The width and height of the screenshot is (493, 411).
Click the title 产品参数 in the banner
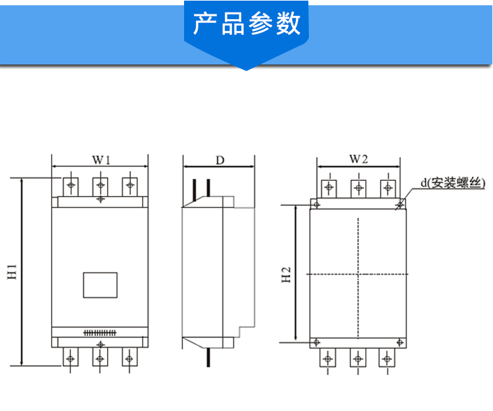tap(246, 24)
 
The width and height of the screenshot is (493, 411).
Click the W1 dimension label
tap(100, 159)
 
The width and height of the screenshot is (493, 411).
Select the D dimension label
tap(220, 159)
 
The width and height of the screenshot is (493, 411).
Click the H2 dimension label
tap(287, 274)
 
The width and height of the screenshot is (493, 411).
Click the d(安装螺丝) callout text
tap(453, 184)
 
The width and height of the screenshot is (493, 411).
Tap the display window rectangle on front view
tap(100, 285)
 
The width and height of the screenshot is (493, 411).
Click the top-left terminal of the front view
tap(70, 183)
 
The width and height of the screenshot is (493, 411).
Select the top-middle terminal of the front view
tap(100, 183)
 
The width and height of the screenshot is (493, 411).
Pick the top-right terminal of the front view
tap(129, 183)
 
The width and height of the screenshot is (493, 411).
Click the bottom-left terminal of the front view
tap(70, 358)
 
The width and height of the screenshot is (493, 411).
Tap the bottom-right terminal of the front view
tap(129, 358)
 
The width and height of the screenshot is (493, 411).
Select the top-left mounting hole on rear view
tap(316, 205)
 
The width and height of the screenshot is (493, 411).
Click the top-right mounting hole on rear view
tap(400, 205)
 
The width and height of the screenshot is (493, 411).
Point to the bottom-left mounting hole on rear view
tap(316, 341)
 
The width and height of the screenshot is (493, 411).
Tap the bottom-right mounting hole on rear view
tap(400, 341)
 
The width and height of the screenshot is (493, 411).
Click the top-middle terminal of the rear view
tap(358, 187)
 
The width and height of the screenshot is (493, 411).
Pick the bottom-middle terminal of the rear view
tap(357, 358)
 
